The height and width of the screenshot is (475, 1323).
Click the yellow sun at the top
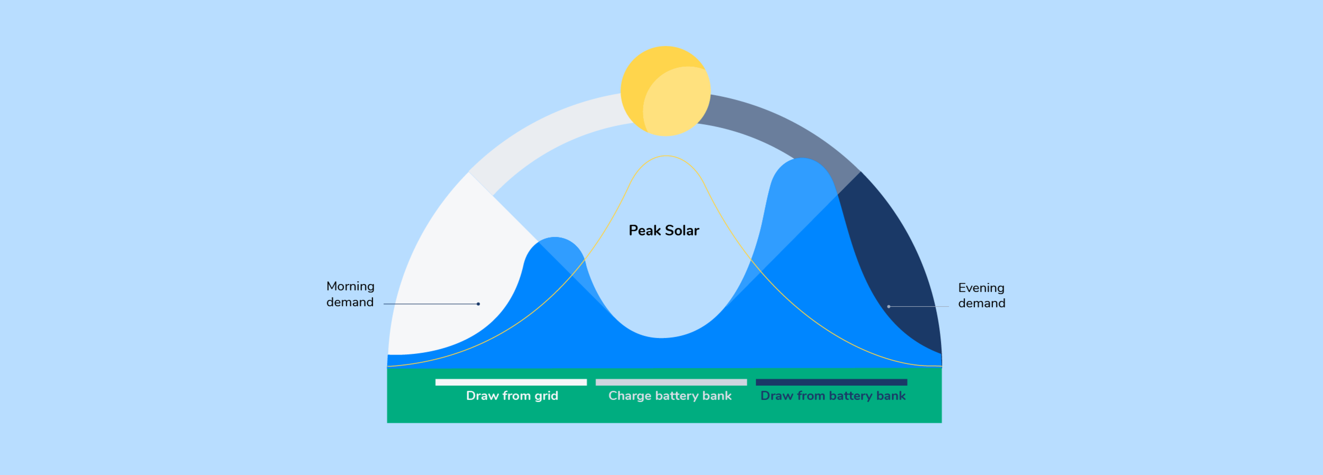pyautogui.click(x=665, y=91)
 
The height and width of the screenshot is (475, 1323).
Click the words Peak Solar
pyautogui.click(x=664, y=231)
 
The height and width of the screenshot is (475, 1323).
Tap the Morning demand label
pyautogui.click(x=350, y=294)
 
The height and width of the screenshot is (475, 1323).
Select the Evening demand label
pyautogui.click(x=981, y=295)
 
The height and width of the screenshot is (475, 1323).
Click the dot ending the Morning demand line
pyautogui.click(x=478, y=304)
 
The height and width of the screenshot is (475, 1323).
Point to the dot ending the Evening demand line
pyautogui.click(x=889, y=307)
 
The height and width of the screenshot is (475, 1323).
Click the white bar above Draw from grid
pyautogui.click(x=511, y=382)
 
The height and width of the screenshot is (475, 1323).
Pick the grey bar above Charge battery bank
pyautogui.click(x=671, y=382)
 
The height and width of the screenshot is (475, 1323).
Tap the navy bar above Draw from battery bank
pyautogui.click(x=831, y=382)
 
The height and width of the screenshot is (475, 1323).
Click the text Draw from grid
pyautogui.click(x=512, y=396)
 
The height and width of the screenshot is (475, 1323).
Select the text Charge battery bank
pyautogui.click(x=670, y=396)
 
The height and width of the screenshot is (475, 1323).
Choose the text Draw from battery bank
pyautogui.click(x=832, y=396)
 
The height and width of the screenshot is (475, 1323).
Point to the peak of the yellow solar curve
pyautogui.click(x=666, y=156)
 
